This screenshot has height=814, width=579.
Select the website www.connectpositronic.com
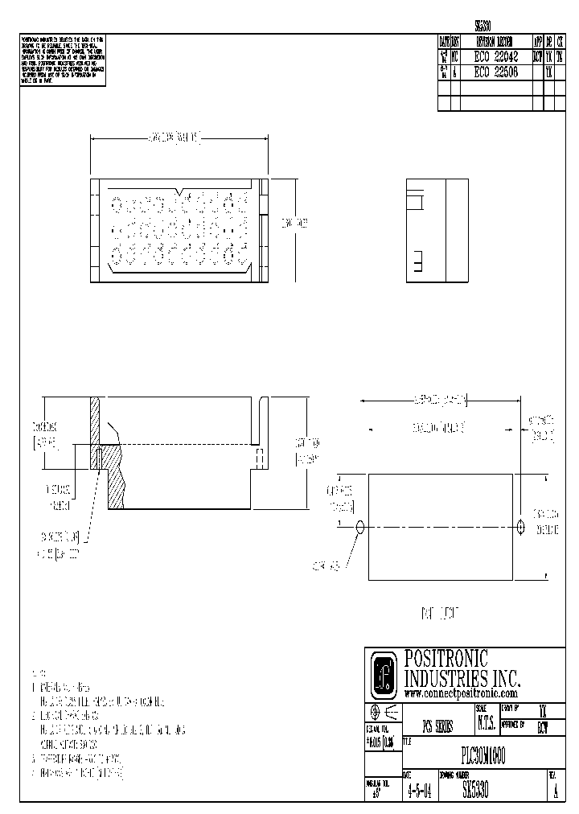coord(460,693)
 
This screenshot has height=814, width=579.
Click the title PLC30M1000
coord(482,755)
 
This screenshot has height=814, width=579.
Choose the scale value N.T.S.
coord(486,725)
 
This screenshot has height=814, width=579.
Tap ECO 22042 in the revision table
coord(497,57)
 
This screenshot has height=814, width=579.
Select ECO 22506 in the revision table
coord(497,72)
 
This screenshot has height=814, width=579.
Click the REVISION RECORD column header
coord(497,42)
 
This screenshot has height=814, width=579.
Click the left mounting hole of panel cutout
coord(359,528)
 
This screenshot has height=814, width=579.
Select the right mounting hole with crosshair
coord(521,528)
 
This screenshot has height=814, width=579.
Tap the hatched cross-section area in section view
coord(115,483)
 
